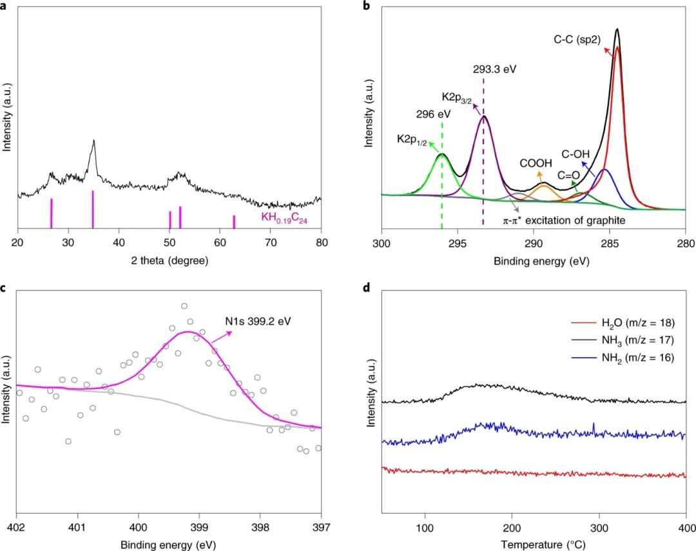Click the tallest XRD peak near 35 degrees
click(x=94, y=142)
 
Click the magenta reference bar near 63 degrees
click(x=234, y=221)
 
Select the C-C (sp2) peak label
click(x=577, y=39)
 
